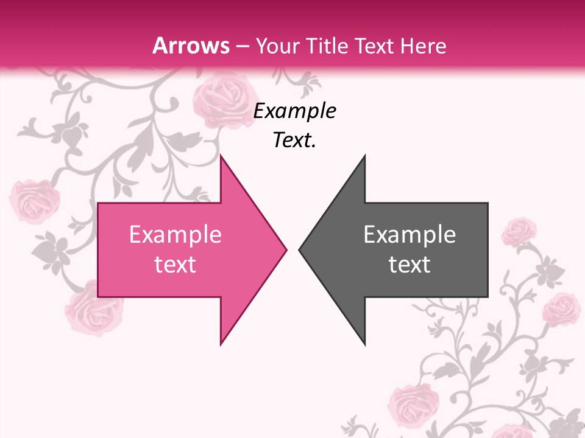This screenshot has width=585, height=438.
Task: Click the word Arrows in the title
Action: [x=191, y=46]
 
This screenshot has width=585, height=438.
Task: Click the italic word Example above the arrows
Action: [x=295, y=111]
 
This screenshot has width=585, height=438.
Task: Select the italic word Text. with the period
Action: [x=295, y=141]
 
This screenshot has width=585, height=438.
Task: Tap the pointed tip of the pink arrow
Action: [x=286, y=249]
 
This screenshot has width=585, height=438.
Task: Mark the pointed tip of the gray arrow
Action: [x=299, y=249]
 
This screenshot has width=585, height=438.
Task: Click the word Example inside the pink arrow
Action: [x=175, y=235]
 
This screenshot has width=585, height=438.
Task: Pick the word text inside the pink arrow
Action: [x=175, y=265]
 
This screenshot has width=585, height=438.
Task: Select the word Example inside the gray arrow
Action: [x=409, y=235]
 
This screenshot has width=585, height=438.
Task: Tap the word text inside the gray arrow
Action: [x=409, y=265]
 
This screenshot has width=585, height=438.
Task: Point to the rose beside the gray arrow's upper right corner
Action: [x=520, y=231]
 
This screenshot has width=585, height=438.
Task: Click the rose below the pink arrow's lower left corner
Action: [x=94, y=307]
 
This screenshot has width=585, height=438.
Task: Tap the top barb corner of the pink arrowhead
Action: [x=221, y=155]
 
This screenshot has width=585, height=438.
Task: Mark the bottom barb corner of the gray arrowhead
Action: [x=364, y=344]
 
